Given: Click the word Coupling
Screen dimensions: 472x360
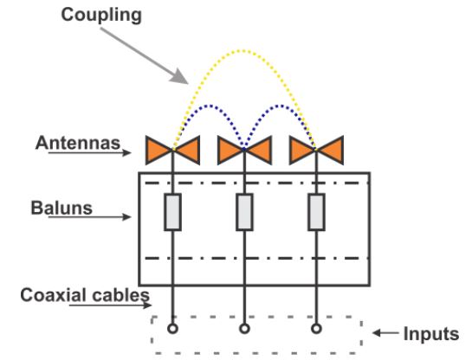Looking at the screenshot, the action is [101, 16].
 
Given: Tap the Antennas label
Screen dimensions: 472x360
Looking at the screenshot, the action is [78, 143].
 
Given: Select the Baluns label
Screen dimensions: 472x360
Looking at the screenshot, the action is [61, 208].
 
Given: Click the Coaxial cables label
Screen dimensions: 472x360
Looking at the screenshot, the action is [85, 295].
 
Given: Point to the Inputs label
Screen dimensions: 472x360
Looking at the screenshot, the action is [431, 334].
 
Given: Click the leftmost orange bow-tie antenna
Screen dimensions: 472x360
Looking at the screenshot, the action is [172, 150].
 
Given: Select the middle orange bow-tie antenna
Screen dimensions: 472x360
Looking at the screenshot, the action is [244, 150].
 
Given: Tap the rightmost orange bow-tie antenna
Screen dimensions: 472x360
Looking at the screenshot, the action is [316, 150].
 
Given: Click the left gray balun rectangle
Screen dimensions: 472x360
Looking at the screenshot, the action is [172, 212].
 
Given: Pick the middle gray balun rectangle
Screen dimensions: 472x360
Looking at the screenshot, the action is [244, 212].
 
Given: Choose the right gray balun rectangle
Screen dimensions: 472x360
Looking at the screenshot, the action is [316, 212].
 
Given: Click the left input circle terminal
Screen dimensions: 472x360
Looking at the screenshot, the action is [172, 329].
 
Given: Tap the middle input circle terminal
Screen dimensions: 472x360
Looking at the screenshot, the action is [244, 329].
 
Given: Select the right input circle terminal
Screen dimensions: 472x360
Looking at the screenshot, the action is [316, 329].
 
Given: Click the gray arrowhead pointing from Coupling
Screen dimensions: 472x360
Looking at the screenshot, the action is [180, 77].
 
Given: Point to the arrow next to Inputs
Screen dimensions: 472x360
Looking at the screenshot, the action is [385, 333].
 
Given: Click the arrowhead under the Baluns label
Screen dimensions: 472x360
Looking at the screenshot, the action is [126, 217].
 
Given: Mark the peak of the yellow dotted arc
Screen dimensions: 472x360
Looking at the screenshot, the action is [243, 51].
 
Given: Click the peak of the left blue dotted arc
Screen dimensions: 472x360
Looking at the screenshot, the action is [209, 106].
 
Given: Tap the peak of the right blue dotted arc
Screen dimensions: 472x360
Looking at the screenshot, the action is [281, 106].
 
